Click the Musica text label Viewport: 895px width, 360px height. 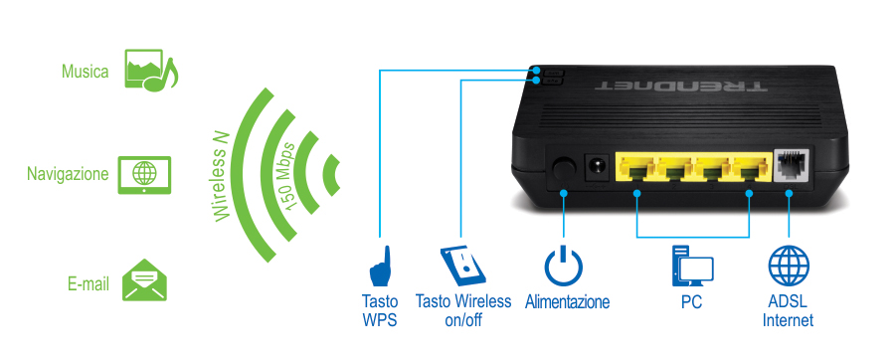pos(85,72)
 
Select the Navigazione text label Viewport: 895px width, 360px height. pos(68,173)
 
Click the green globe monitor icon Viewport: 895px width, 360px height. pos(143,173)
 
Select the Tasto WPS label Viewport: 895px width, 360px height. pos(380,310)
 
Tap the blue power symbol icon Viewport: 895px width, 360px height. pos(564,267)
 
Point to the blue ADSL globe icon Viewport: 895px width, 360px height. pos(789,267)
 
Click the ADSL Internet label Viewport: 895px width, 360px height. pos(789,310)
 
